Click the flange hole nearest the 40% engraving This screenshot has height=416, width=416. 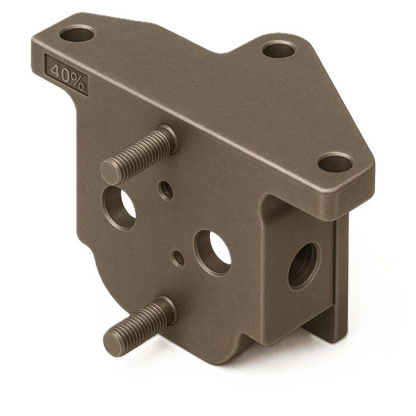pos(77,34)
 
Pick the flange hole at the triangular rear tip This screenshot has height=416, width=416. pos(278,50)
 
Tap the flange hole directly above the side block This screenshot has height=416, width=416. pos(335,162)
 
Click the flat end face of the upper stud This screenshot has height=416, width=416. pos(111,172)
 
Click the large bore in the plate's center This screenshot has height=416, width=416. pos(213,252)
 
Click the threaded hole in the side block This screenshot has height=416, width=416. pos(303,266)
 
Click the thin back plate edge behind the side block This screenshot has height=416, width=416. pos(341,279)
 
